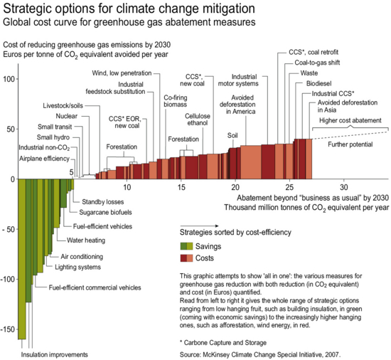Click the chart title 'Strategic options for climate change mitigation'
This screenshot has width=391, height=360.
pos(129,9)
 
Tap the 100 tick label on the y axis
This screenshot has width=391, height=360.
pos(9,79)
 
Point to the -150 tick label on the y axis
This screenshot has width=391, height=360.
pos(8,329)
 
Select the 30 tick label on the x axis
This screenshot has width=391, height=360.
pos(343,187)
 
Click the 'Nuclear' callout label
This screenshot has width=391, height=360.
pos(67,116)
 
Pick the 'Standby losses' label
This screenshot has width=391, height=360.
pos(103,201)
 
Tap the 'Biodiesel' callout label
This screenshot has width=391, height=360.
pos(319,83)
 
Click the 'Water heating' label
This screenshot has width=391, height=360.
pos(86,240)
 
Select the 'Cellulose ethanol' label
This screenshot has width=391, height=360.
pos(198,120)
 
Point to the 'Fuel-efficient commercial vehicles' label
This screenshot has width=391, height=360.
pos(95,287)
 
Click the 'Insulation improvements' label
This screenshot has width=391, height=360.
pos(54,354)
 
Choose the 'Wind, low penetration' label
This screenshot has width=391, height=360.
pos(122,73)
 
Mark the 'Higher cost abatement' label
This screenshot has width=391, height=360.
pos(350,120)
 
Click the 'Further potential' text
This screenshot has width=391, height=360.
pos(350,144)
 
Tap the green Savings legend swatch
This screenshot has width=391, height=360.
pos(186,246)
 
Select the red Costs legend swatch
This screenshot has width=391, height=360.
pos(186,258)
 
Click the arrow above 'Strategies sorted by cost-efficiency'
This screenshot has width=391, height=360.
pos(199,226)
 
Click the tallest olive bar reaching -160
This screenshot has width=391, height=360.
pos(22,259)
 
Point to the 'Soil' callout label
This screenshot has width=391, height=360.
pos(232,135)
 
